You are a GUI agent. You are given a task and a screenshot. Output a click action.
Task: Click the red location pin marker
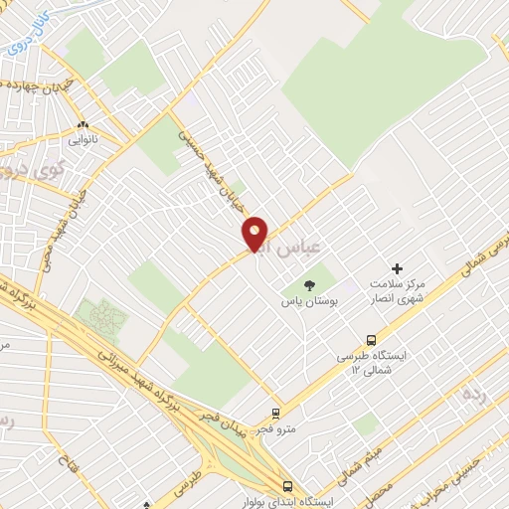coord(255,234)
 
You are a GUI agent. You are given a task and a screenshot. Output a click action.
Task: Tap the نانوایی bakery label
coord(83,140)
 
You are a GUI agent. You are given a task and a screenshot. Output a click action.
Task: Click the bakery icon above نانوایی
coord(83,125)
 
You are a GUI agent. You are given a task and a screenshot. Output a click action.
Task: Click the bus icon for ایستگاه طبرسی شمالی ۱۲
coord(372,340)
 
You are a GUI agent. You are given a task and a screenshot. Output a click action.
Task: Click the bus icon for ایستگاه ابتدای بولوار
coord(286,487)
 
